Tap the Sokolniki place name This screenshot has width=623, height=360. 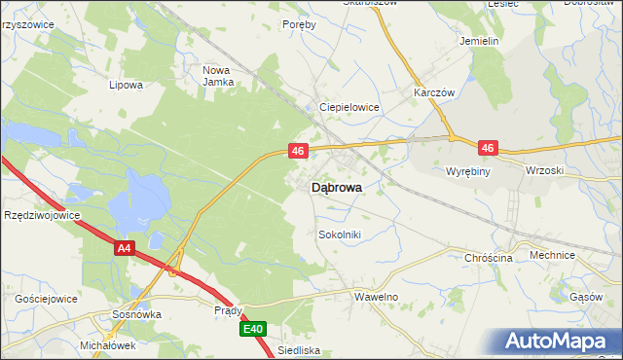(340, 234)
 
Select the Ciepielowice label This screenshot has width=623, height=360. (349, 107)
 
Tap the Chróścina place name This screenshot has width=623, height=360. (489, 258)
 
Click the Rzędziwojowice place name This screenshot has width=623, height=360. (40, 215)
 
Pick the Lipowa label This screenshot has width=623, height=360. (127, 85)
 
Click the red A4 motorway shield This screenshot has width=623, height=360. (123, 249)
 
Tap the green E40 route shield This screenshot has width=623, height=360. (253, 330)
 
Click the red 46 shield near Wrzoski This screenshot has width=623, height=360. (488, 148)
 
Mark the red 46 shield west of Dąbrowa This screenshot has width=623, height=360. (299, 151)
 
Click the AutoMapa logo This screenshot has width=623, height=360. (558, 341)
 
